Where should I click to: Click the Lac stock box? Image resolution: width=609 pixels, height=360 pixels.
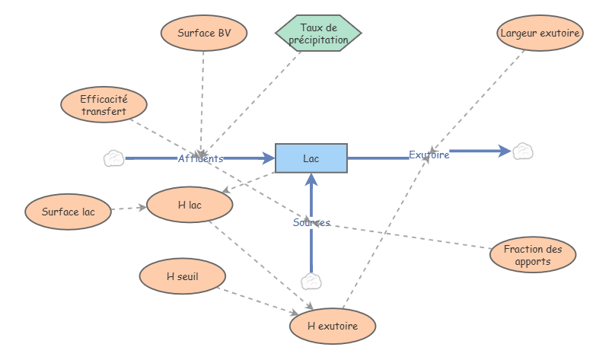click(x=311, y=158)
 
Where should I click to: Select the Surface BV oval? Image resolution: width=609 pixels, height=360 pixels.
click(x=204, y=33)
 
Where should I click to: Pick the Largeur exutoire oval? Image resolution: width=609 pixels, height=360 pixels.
click(x=540, y=33)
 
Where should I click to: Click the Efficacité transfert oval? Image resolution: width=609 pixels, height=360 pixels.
click(x=104, y=105)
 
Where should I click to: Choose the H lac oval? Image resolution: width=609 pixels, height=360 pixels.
click(x=189, y=205)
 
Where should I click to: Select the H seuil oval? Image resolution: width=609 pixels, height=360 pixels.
click(x=182, y=277)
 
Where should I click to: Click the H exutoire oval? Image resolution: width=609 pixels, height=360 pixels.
click(x=332, y=326)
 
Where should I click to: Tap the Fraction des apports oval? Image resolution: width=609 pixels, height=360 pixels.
click(x=533, y=255)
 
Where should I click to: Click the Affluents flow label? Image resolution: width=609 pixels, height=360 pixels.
click(x=201, y=159)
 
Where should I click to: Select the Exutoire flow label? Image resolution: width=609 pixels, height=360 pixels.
click(x=429, y=155)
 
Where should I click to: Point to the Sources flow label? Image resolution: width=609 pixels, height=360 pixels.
click(x=311, y=223)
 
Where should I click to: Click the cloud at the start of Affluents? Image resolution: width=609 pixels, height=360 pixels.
click(x=113, y=158)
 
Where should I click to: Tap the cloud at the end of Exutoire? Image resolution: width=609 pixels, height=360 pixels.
click(x=522, y=151)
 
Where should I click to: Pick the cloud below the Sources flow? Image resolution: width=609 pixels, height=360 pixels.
click(x=311, y=282)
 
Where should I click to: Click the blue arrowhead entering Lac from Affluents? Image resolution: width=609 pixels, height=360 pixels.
click(x=268, y=158)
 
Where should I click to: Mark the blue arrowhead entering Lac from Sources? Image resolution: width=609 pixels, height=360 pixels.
click(x=311, y=180)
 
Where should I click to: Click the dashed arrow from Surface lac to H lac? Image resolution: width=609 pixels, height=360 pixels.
click(x=129, y=208)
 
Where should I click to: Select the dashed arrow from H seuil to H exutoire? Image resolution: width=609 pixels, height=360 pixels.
click(x=256, y=300)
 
